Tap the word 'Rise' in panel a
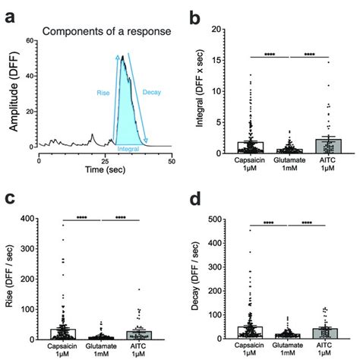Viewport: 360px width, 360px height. pos(100,93)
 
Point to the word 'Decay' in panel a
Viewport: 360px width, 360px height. pos(150,90)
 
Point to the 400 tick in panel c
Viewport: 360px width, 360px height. pos(36,219)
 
